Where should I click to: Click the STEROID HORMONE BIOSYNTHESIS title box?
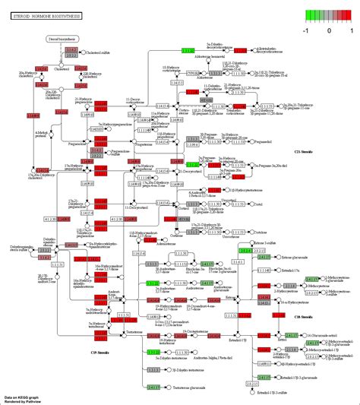click(40, 15)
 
